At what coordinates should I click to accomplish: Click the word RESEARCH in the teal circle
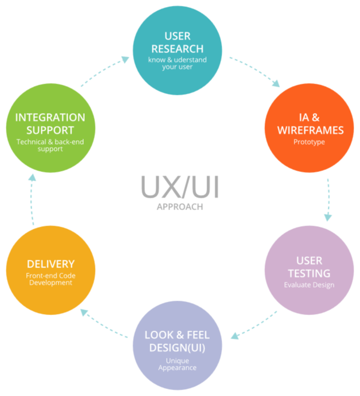click(x=177, y=49)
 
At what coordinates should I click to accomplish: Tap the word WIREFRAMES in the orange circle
click(x=310, y=130)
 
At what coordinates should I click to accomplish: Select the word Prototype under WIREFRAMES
click(x=309, y=142)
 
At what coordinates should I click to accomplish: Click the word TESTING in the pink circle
click(x=309, y=273)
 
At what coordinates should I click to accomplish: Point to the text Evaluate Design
click(x=309, y=285)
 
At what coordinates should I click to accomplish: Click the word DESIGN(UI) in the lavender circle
click(x=177, y=348)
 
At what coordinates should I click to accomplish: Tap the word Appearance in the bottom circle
click(x=177, y=368)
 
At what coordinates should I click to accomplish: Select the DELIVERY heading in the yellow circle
click(x=50, y=264)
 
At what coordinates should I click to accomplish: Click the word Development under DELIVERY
click(x=50, y=282)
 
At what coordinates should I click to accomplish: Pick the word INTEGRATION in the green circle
click(x=50, y=117)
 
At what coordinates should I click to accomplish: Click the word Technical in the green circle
click(x=31, y=142)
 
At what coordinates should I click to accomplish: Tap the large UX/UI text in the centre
click(x=180, y=187)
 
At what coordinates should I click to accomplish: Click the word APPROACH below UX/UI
click(x=180, y=207)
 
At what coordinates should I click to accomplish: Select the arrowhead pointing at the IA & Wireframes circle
click(x=276, y=84)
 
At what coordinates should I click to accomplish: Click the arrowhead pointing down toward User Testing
click(x=328, y=218)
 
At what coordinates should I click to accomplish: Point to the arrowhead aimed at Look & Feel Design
click(x=235, y=336)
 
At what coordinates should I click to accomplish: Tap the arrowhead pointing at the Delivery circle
click(x=84, y=312)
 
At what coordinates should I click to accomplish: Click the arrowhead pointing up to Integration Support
click(x=32, y=177)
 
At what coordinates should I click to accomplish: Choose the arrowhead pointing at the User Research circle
click(x=126, y=59)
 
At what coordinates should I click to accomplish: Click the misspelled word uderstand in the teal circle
click(x=190, y=60)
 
